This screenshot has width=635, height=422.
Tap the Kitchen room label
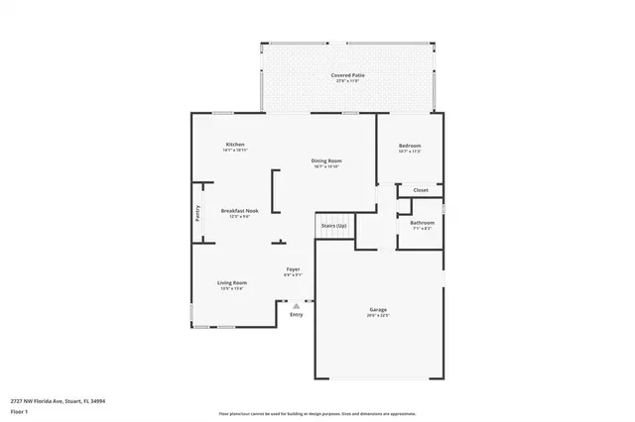(x=234, y=145)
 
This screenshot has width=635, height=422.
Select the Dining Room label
(x=327, y=160)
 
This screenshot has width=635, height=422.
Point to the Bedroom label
(x=411, y=146)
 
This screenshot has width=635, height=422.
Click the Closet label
(x=421, y=189)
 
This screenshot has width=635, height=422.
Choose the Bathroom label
(x=422, y=223)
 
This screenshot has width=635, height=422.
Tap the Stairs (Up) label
(x=334, y=226)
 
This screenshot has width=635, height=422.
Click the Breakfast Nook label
(x=240, y=210)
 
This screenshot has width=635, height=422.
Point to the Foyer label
(x=294, y=269)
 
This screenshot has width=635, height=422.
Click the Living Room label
(x=232, y=283)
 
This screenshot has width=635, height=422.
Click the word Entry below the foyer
(x=296, y=315)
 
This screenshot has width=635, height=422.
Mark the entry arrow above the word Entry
(x=296, y=306)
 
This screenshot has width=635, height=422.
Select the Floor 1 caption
(x=19, y=411)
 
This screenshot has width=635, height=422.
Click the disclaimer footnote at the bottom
(x=317, y=413)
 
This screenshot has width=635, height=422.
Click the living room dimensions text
(x=232, y=289)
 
